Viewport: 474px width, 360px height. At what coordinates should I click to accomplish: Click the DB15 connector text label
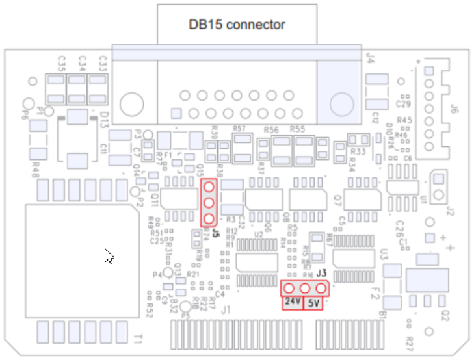coord(237,25)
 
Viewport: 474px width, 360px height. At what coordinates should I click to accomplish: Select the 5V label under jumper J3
coord(314,303)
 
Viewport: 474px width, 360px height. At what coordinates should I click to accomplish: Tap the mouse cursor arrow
coord(109,255)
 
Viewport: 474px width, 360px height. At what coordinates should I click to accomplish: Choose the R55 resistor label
coord(298,129)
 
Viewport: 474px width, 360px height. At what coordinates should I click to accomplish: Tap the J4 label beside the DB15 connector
coord(371,58)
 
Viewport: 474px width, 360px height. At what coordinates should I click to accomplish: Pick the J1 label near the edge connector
coord(226,311)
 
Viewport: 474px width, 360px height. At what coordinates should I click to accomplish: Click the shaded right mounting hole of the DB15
coord(341,104)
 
